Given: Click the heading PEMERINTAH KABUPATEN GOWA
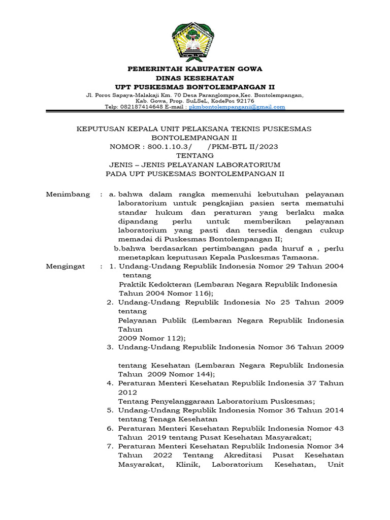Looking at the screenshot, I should click(x=194, y=69).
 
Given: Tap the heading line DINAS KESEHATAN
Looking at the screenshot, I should click(x=194, y=78).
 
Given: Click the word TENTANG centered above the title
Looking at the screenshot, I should click(x=194, y=156).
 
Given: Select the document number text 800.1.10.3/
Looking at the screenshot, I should click(x=171, y=147).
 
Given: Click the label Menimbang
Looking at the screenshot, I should click(x=68, y=194).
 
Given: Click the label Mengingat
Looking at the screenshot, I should click(x=66, y=267).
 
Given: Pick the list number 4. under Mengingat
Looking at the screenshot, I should click(x=110, y=383).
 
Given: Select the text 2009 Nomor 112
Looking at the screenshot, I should click(x=151, y=338).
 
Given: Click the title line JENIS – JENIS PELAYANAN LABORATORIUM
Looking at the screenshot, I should click(x=194, y=165).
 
